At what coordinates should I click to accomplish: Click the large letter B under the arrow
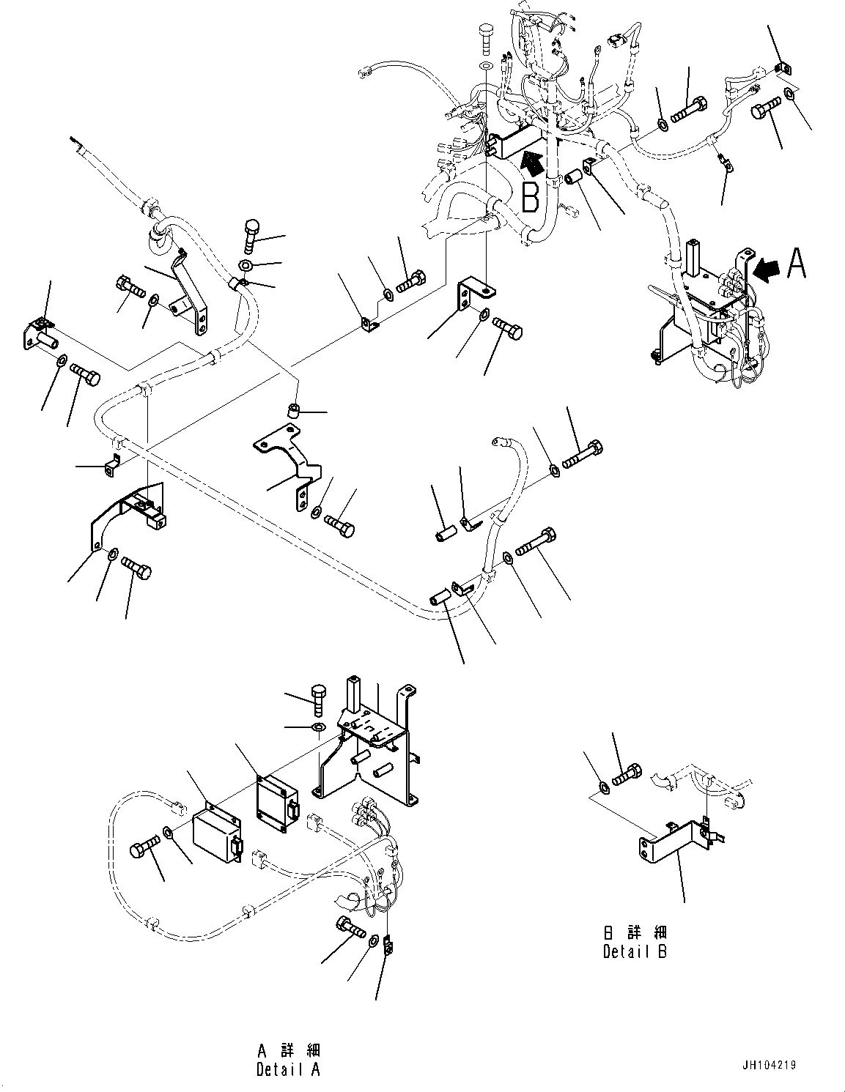[x=531, y=197]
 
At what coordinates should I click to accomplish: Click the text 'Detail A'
[x=288, y=1069]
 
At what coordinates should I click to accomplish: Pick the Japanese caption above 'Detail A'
[x=289, y=1050]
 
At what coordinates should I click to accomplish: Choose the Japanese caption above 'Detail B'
[x=635, y=933]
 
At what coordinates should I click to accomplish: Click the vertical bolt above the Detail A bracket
[x=320, y=699]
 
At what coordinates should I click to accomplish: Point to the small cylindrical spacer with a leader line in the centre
[x=293, y=412]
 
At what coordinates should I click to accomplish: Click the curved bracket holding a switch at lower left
[x=128, y=516]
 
